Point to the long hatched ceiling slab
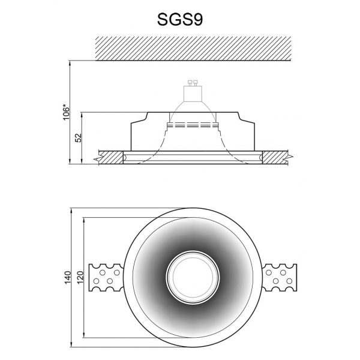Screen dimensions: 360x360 tap(193, 48)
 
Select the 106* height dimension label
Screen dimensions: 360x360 tap(67, 112)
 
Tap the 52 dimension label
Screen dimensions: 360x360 tap(78, 138)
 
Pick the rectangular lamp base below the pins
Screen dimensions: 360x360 tap(193, 92)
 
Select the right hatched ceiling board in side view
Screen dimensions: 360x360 tap(275, 158)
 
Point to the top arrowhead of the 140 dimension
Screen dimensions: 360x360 tap(71, 211)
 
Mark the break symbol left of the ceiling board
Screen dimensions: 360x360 tap(97, 158)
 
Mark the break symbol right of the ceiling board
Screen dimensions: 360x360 tap(290, 158)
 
